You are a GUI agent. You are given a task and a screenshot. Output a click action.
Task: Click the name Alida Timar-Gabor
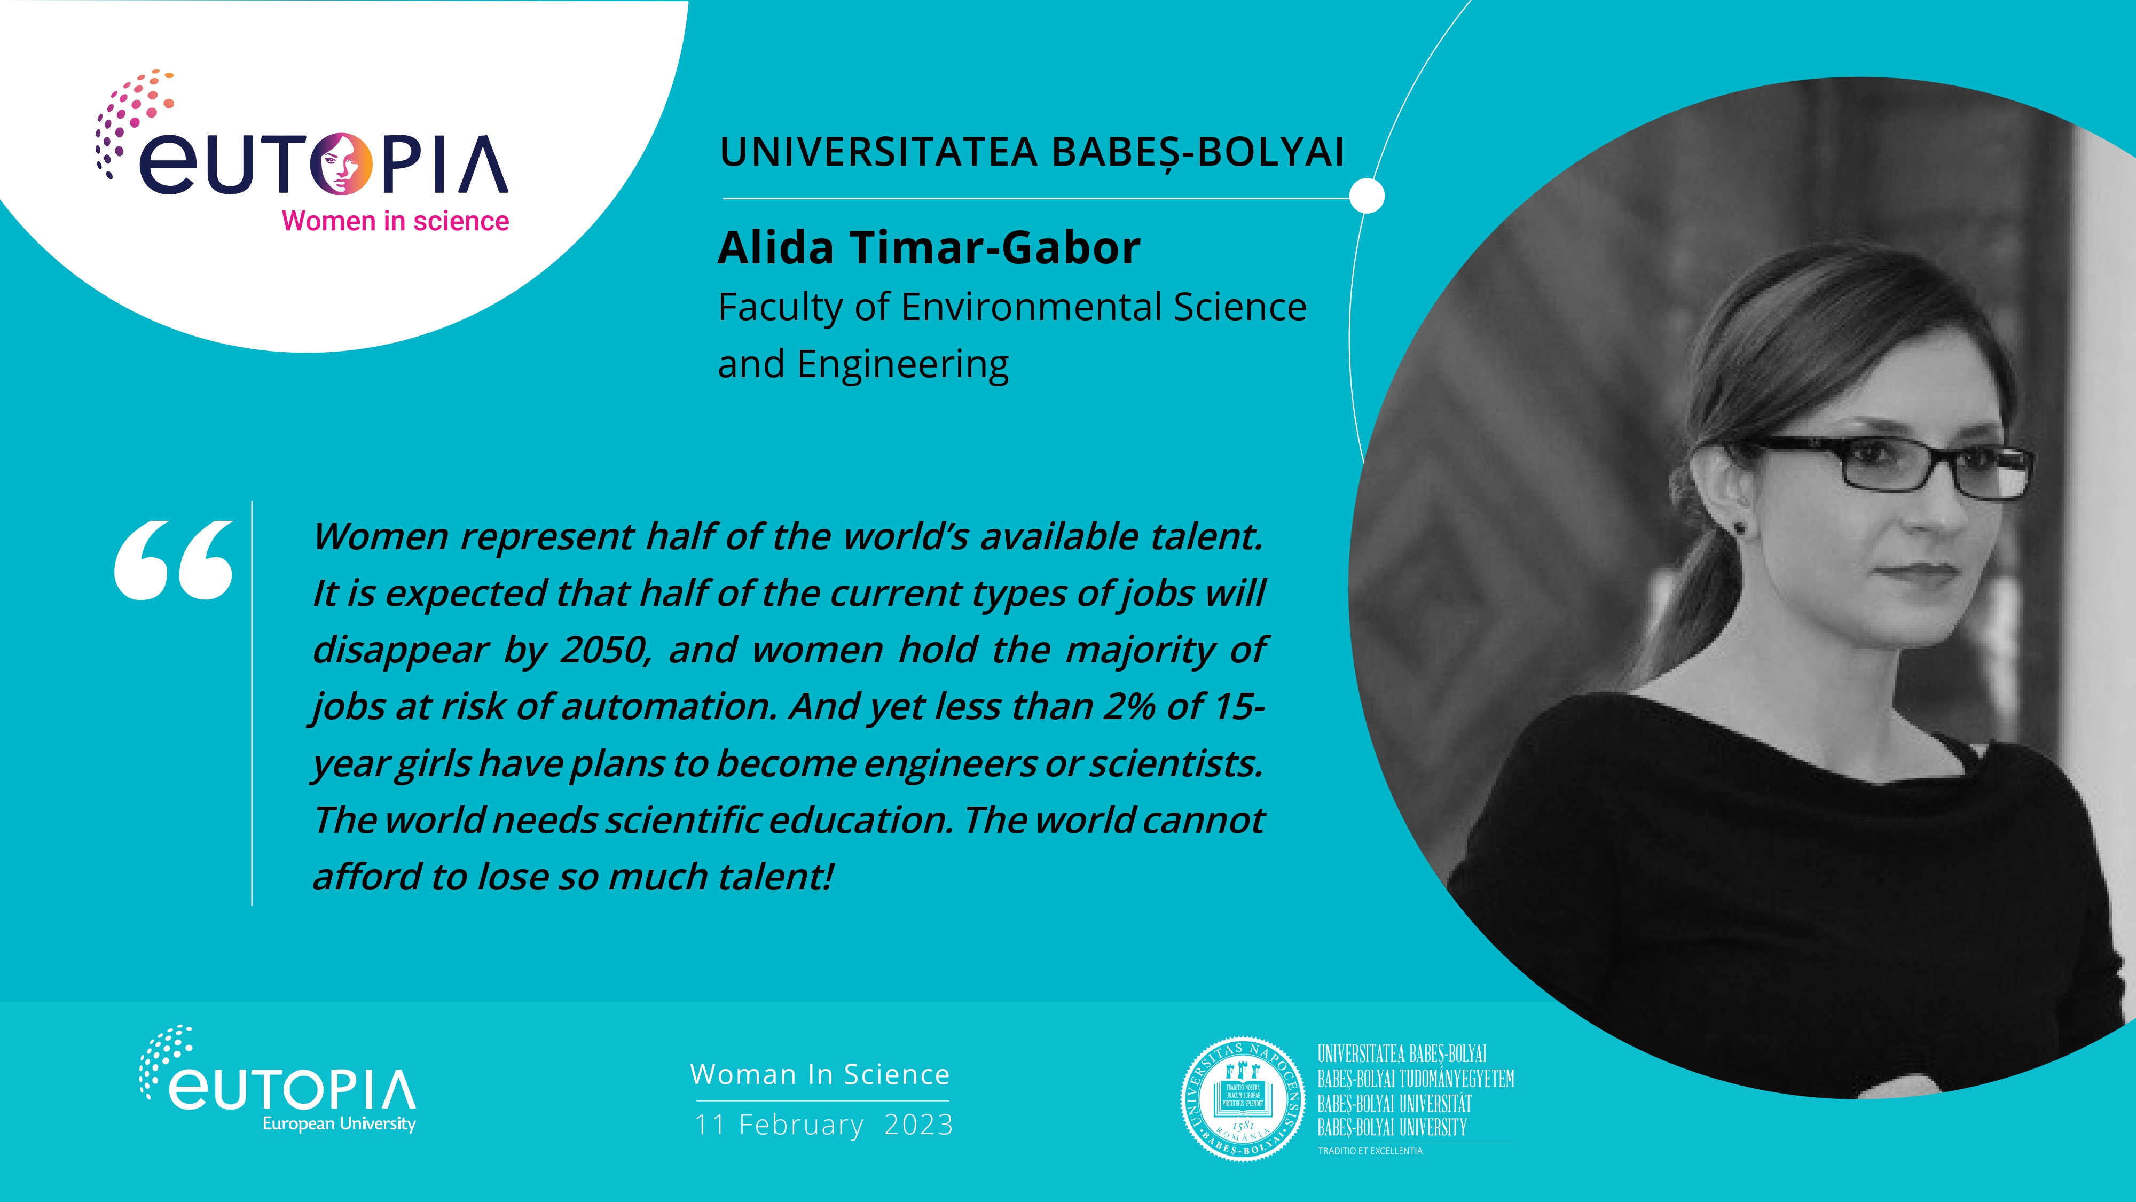coord(929,248)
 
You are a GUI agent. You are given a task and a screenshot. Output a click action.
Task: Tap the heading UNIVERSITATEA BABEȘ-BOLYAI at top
coord(1032,152)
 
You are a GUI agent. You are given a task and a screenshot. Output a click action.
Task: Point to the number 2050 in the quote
coord(603,650)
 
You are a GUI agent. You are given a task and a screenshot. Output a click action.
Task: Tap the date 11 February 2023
coord(823,1125)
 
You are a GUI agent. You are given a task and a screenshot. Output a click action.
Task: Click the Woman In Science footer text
coord(820,1074)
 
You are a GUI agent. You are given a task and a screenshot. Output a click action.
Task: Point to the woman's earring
coord(1739,527)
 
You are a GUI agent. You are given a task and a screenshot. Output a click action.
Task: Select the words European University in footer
coord(339,1124)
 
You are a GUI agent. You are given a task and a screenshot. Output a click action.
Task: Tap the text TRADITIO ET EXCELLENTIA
coord(1370,1151)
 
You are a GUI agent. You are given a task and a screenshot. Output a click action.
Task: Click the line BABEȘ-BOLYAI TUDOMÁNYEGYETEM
coord(1416,1079)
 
